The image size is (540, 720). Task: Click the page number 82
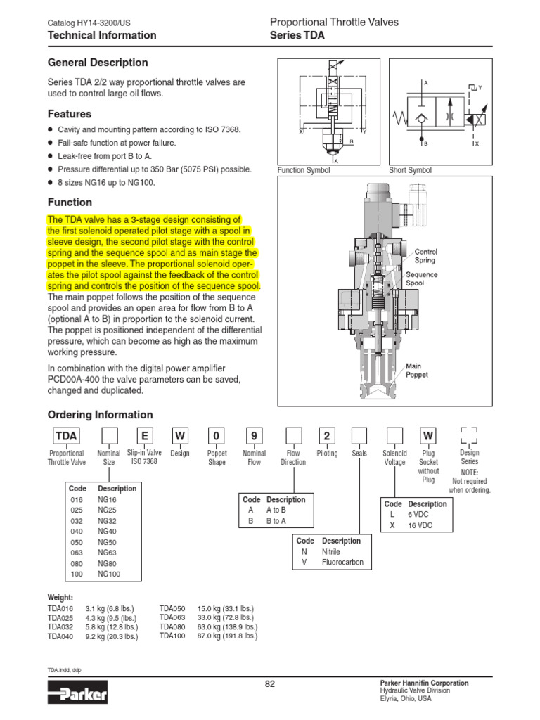[x=269, y=686]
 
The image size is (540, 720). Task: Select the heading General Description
[x=98, y=63]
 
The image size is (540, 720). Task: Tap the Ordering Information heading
[x=100, y=415]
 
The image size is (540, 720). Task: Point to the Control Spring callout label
[x=426, y=255]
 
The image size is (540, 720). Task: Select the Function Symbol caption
[x=304, y=170]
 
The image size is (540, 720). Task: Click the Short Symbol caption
[x=410, y=170]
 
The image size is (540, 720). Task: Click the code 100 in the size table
[x=77, y=574]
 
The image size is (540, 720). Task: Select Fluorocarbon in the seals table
[x=342, y=562]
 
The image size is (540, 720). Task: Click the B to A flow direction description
[x=276, y=521]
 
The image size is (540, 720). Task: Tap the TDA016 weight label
[x=60, y=608]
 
